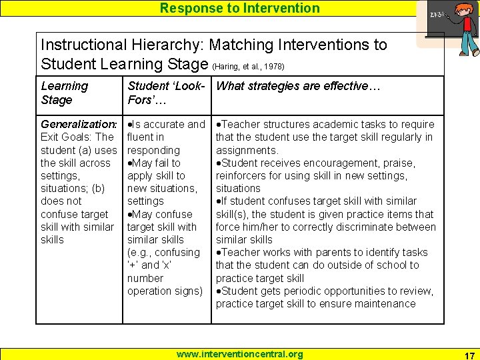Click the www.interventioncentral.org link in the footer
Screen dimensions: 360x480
point(239,354)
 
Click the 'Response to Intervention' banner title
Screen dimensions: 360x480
point(240,8)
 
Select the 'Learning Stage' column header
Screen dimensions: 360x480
point(65,93)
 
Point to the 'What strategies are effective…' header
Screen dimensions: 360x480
point(298,86)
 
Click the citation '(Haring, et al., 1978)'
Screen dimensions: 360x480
point(248,67)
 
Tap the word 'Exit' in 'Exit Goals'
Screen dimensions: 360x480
point(50,137)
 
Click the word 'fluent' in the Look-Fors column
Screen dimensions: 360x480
point(141,137)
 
